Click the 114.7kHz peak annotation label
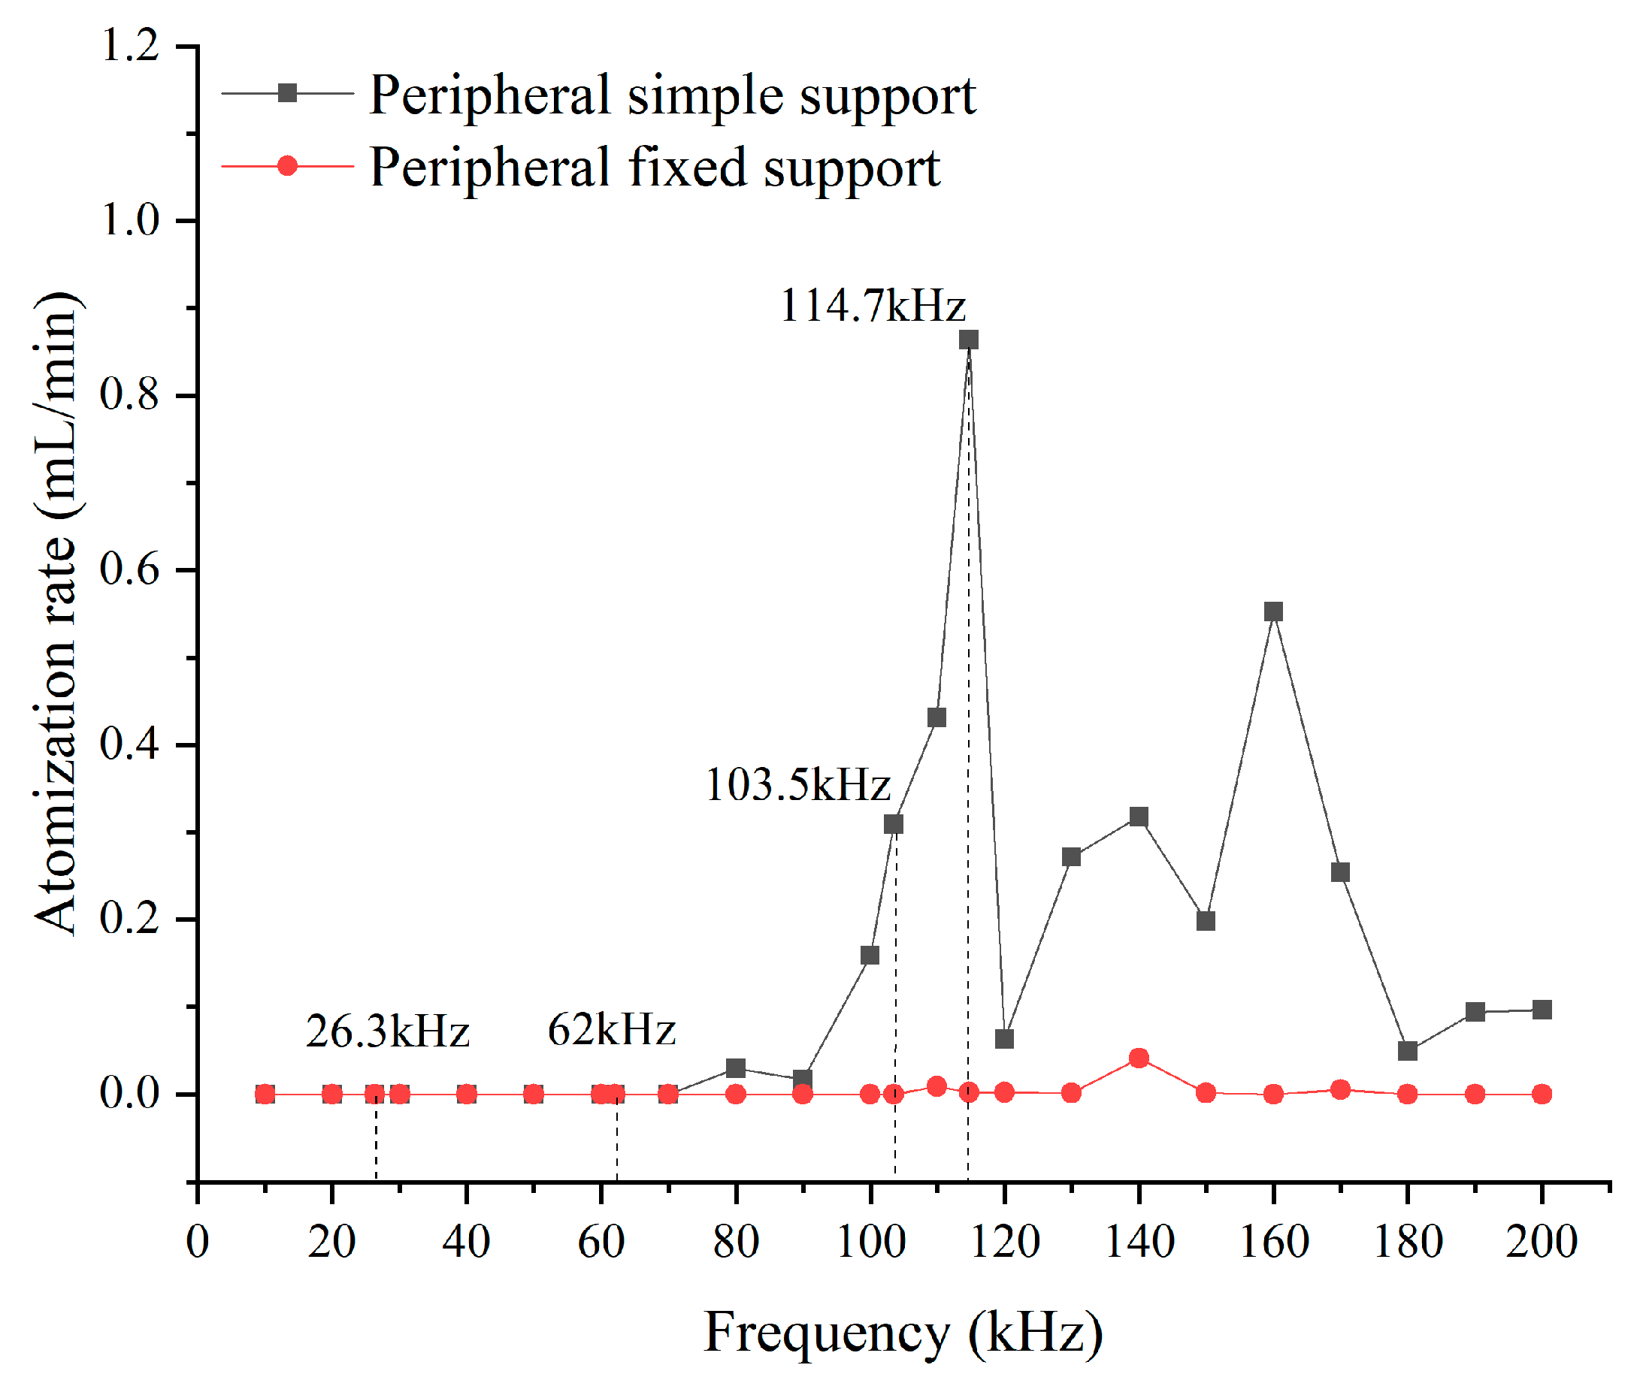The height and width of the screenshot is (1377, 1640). [873, 305]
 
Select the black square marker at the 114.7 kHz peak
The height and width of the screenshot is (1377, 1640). [968, 340]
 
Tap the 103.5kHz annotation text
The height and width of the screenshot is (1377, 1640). [797, 784]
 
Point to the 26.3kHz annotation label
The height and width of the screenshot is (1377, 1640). [387, 1031]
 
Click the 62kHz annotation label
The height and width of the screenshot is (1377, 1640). [612, 1030]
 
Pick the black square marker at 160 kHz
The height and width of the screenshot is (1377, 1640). [1273, 611]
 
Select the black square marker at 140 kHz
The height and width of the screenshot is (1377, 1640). [1139, 817]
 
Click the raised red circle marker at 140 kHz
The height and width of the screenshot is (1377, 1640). [1139, 1058]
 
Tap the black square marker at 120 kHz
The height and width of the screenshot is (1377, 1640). [1004, 1039]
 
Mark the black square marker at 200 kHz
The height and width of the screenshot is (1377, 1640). [1542, 1010]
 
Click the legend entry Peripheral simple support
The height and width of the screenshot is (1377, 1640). [672, 95]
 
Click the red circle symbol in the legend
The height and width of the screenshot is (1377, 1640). [287, 165]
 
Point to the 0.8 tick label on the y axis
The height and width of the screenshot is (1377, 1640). [129, 394]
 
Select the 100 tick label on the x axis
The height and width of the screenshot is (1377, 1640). [870, 1241]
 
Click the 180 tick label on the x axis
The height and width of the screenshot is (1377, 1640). [1407, 1241]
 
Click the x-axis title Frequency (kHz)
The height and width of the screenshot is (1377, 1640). [903, 1333]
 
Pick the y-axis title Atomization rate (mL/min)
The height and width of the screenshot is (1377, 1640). [56, 613]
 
